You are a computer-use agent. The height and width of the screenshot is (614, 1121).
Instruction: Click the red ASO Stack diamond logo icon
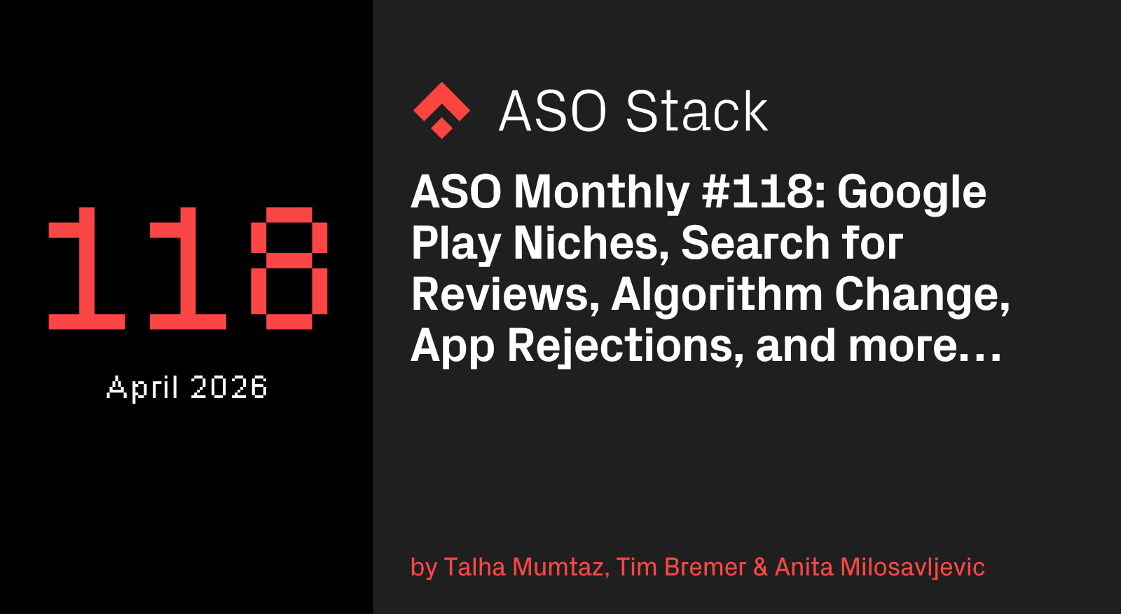point(441,110)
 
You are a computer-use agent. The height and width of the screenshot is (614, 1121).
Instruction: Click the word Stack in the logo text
point(696,111)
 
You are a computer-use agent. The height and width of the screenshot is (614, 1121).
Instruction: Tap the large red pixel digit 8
point(289,268)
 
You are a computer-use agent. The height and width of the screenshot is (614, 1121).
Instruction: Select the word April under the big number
point(143,387)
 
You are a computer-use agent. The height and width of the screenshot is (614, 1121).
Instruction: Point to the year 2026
point(228,387)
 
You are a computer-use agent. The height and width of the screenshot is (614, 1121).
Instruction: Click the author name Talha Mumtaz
point(526,568)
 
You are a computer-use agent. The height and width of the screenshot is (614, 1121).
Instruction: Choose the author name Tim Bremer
point(681,568)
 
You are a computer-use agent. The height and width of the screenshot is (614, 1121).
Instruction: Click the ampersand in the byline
point(761,568)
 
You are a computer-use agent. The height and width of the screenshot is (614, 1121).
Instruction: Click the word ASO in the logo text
point(553,111)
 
